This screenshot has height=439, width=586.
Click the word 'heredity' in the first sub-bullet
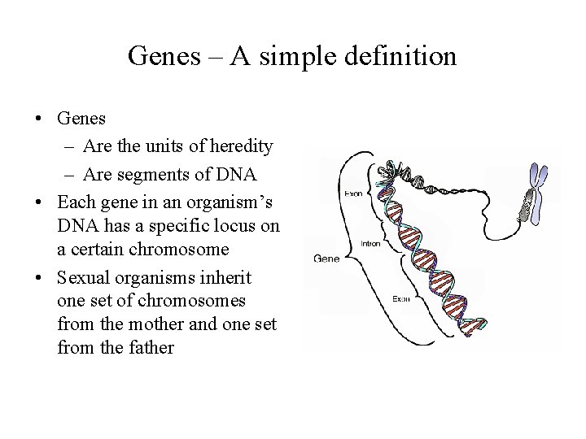point(242,146)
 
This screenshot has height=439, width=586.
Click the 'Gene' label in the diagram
point(326,259)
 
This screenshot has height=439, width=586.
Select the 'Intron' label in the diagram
point(371,242)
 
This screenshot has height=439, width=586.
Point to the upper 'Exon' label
point(354,194)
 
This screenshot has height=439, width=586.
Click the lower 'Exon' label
point(401,298)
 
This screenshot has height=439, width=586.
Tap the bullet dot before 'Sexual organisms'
point(39,277)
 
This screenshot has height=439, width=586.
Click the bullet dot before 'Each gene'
point(39,202)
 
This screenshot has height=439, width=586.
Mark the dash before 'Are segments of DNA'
point(66,174)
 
